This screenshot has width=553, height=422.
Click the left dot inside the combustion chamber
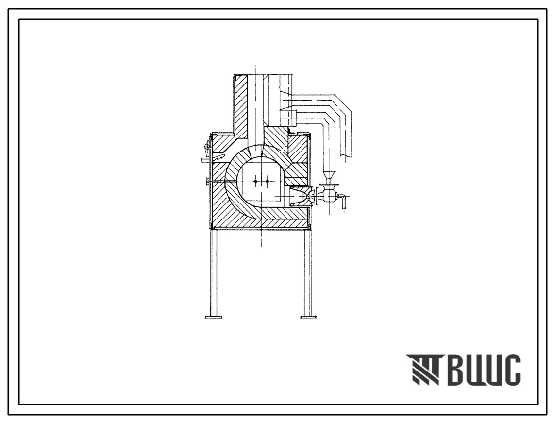[x=255, y=181]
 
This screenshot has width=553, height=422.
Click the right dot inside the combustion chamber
[x=267, y=181]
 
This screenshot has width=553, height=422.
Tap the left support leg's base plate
[x=213, y=317]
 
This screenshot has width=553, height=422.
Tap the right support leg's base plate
[x=308, y=317]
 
